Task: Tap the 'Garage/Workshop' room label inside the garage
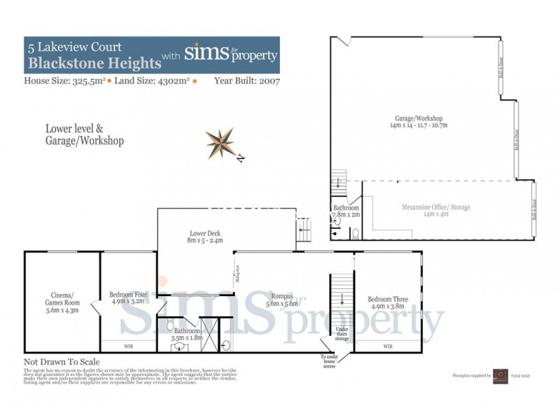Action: [x=419, y=121]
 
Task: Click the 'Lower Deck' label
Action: [x=205, y=237]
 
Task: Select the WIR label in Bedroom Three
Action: [x=388, y=346]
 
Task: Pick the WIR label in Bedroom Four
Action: [x=128, y=346]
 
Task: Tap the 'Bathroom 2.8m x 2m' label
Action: [x=346, y=212]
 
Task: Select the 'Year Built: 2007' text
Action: [x=247, y=81]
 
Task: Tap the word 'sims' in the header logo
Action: [x=204, y=54]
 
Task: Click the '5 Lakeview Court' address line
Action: [x=74, y=48]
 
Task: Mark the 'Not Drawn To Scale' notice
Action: [x=62, y=362]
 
